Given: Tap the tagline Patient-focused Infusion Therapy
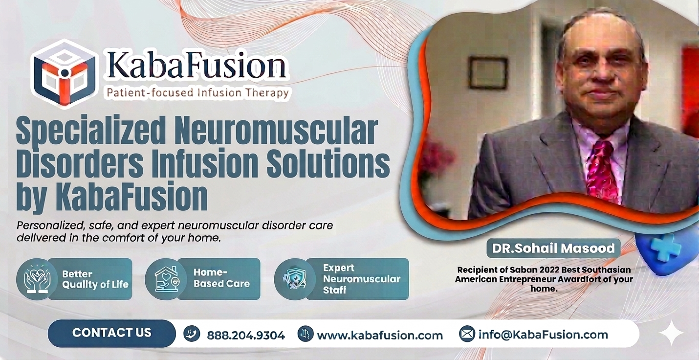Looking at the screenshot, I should tap(197, 92).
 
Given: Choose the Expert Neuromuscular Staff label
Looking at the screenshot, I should tap(361, 279).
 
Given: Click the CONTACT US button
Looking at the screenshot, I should tap(111, 333).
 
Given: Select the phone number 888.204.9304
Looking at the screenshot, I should tap(246, 335).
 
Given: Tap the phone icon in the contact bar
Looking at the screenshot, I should tap(192, 334).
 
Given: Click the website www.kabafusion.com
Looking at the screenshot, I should tap(380, 335).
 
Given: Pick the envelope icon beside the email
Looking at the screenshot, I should tap(467, 334).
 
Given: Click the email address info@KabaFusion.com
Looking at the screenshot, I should tap(543, 335).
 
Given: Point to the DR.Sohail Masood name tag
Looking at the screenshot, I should tap(553, 248).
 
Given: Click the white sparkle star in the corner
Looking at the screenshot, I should tap(672, 333).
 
